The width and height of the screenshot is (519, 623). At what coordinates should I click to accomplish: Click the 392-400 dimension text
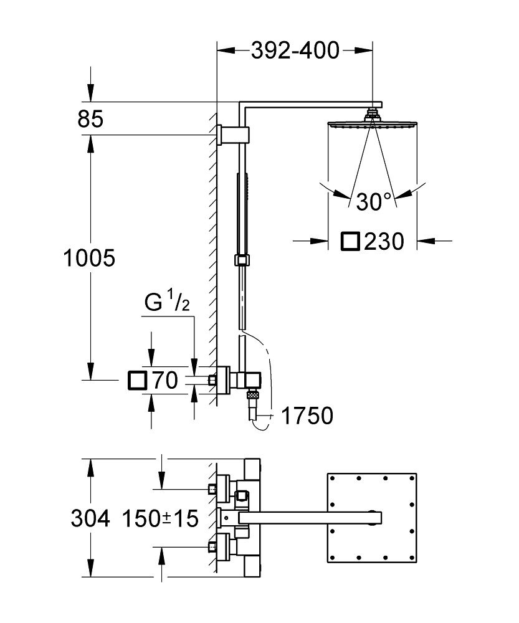point(295,50)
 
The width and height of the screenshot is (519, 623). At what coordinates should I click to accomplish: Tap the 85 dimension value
point(90,118)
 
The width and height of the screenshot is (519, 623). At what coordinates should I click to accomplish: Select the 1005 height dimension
point(89,258)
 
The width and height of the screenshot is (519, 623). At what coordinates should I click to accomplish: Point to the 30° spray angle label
point(374,201)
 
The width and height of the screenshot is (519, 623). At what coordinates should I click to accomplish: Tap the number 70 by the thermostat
point(164,379)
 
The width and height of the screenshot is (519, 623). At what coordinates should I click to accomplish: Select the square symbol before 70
point(136,379)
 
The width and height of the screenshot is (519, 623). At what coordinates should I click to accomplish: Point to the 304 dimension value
point(90,517)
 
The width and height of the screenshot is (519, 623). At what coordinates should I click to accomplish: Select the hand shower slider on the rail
point(242,260)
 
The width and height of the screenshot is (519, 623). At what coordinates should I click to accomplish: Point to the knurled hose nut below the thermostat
point(252,394)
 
